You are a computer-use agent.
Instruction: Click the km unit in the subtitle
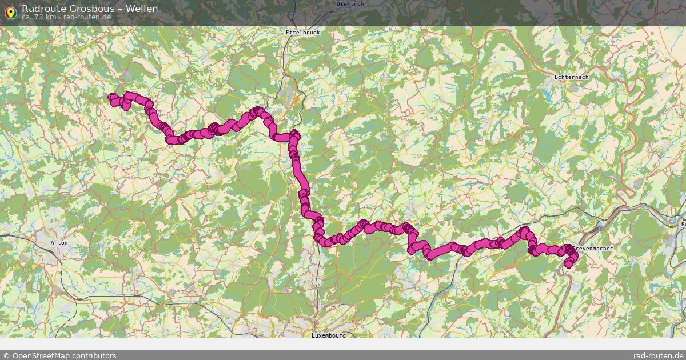(x=51, y=17)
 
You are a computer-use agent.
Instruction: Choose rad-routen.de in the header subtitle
(x=87, y=17)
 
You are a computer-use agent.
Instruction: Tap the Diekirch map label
(x=350, y=3)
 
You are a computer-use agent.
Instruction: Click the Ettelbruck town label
(x=302, y=33)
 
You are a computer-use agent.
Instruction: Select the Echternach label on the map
(x=571, y=77)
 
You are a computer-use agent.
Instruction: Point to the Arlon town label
(x=59, y=243)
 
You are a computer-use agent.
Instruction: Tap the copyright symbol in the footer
(x=6, y=355)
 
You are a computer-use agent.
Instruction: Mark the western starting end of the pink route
(x=112, y=98)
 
